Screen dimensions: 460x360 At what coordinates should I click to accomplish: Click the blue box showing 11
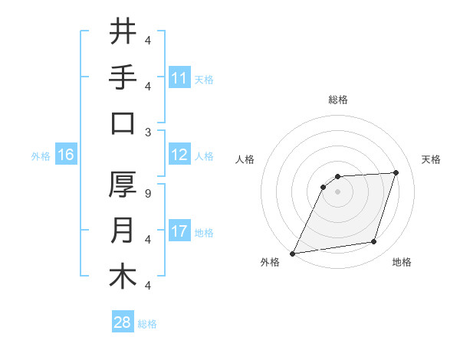pos(179,78)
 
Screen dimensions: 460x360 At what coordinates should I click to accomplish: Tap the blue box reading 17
pos(179,232)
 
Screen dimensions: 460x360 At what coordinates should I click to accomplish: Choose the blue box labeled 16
pos(65,155)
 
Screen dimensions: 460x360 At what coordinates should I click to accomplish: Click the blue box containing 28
pos(122,323)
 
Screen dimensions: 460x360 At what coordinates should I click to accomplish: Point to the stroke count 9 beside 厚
pos(148,194)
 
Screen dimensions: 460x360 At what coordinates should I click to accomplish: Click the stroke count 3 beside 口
pos(148,132)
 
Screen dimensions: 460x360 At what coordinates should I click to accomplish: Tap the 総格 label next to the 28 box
pos(147,324)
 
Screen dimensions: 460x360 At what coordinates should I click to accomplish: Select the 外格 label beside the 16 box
pos(40,156)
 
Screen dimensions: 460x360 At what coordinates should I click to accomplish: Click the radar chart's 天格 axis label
pos(431,159)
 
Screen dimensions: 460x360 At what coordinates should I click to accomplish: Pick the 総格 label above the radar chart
pos(337,100)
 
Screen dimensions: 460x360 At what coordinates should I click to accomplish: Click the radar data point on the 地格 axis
pos(374,242)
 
